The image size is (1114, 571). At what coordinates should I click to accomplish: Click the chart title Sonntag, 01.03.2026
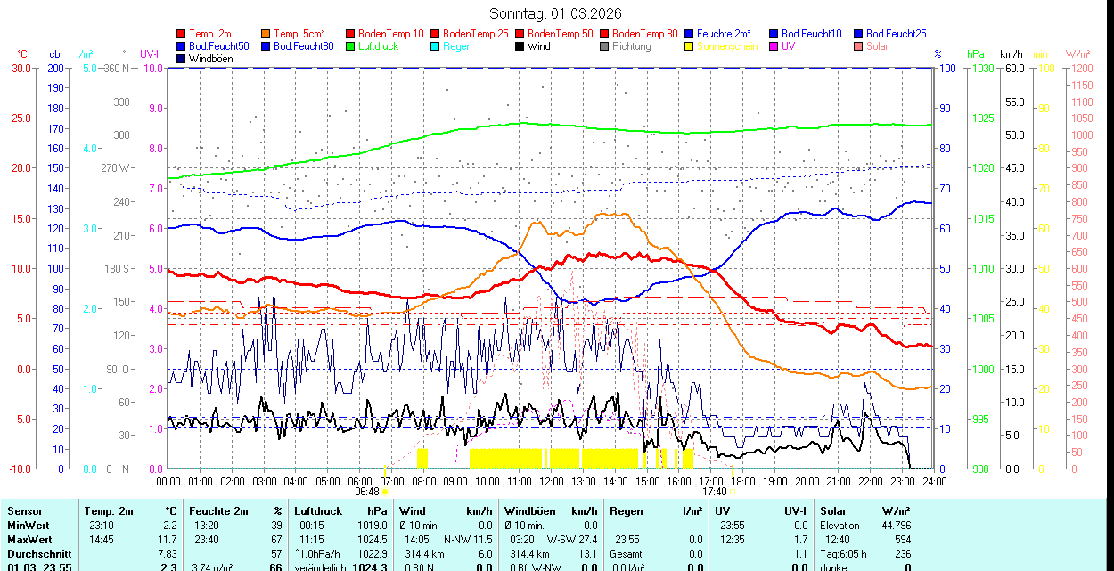click(556, 13)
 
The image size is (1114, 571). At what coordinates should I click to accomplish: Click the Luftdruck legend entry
click(377, 46)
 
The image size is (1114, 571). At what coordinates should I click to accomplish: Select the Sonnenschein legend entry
click(727, 46)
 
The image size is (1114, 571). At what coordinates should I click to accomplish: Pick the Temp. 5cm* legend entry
click(299, 34)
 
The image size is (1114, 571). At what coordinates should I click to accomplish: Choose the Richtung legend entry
click(631, 46)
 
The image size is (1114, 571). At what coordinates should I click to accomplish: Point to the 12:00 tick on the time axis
click(552, 481)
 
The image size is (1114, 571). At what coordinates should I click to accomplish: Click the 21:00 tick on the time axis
click(839, 481)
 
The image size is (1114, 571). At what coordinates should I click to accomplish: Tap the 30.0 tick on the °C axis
click(20, 69)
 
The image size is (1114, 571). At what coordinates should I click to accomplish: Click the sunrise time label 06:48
click(367, 492)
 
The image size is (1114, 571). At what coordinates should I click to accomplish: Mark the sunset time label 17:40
click(714, 492)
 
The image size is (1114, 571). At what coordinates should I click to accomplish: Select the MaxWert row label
click(30, 540)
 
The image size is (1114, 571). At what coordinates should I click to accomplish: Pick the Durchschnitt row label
click(37, 553)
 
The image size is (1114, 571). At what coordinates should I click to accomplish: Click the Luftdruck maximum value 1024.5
click(373, 540)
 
